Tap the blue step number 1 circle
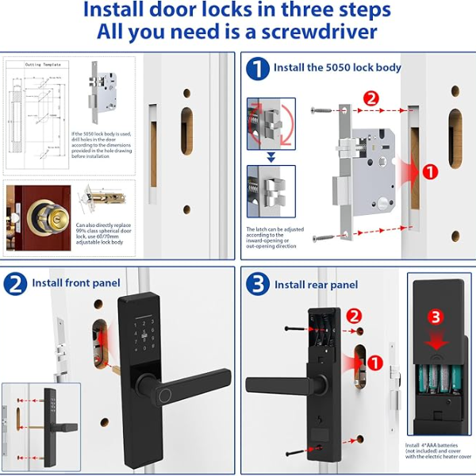(257, 68)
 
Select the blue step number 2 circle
(16, 283)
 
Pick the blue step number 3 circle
(257, 284)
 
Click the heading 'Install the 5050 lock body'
(337, 68)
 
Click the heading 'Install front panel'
(76, 283)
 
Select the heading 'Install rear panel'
(316, 285)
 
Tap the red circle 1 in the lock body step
(428, 171)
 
